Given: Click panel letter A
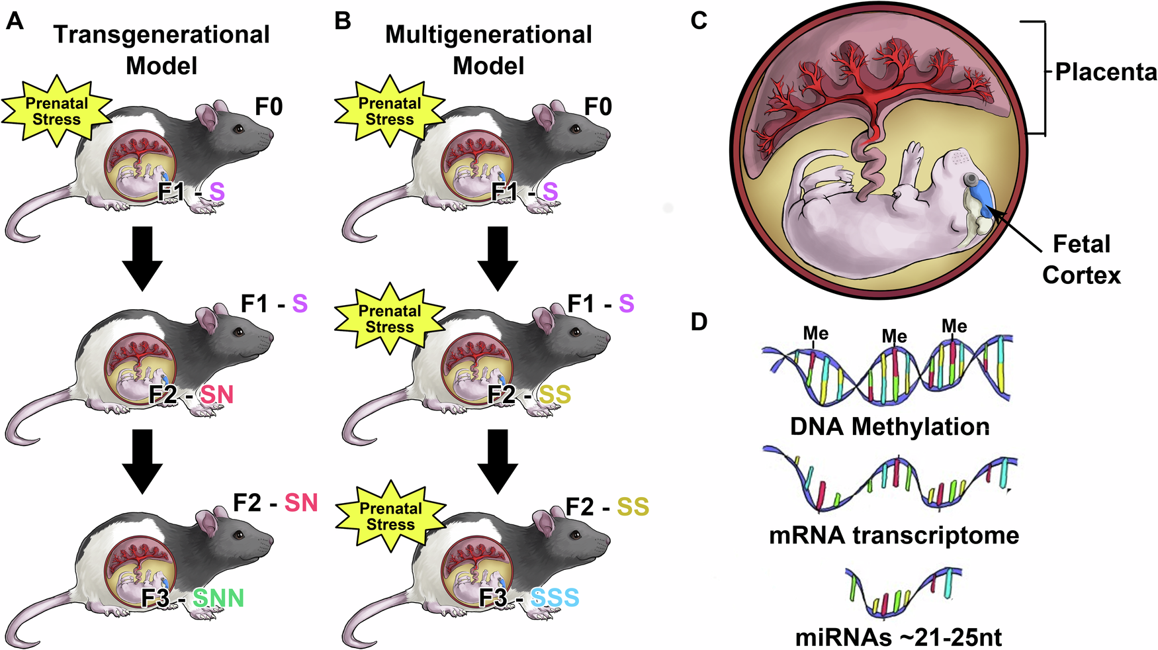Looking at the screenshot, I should pos(14,21).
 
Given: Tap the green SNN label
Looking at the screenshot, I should pos(218,598).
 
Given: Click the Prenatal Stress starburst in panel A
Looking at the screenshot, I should pos(57,111).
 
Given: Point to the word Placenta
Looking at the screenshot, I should pos(1106,71).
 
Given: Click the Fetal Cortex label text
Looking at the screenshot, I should pos(1081,259).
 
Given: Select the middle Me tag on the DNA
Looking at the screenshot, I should pos(894,337).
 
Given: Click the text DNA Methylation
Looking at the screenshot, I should pos(890,426).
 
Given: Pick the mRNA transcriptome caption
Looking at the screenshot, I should pos(894,535).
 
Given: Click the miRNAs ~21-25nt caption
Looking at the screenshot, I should pos(898,637).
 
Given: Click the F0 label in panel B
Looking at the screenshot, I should pos(598,107).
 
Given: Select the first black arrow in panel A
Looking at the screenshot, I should pos(142,258).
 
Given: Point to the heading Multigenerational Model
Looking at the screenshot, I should pos(488,50).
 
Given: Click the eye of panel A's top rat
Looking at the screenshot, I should pos(238,128).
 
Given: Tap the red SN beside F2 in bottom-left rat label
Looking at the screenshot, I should pos(301,503).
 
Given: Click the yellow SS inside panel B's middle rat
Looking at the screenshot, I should pos(555,395).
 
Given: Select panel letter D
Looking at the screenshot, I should pos(699,322).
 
